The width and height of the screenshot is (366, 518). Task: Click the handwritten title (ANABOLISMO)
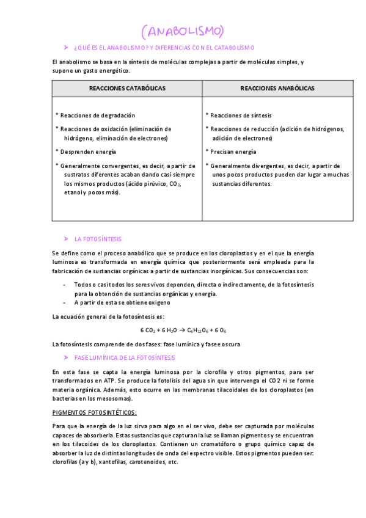pos(182,31)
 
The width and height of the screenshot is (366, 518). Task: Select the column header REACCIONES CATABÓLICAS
pos(127,89)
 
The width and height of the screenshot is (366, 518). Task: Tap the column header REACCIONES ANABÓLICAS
pos(277,89)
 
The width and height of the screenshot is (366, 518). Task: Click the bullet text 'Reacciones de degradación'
pos(98,115)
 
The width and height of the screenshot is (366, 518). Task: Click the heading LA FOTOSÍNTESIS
pos(98,239)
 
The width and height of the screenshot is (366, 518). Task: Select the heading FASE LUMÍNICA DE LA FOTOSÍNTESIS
pos(124,357)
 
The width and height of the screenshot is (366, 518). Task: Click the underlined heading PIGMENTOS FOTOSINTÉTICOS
pos(95,412)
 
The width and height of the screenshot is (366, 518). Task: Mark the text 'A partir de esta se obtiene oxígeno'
pos(122,302)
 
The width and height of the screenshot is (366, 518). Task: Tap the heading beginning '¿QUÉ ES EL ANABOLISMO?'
pos(164,48)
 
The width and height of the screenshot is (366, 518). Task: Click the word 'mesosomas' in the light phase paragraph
pos(113,398)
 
